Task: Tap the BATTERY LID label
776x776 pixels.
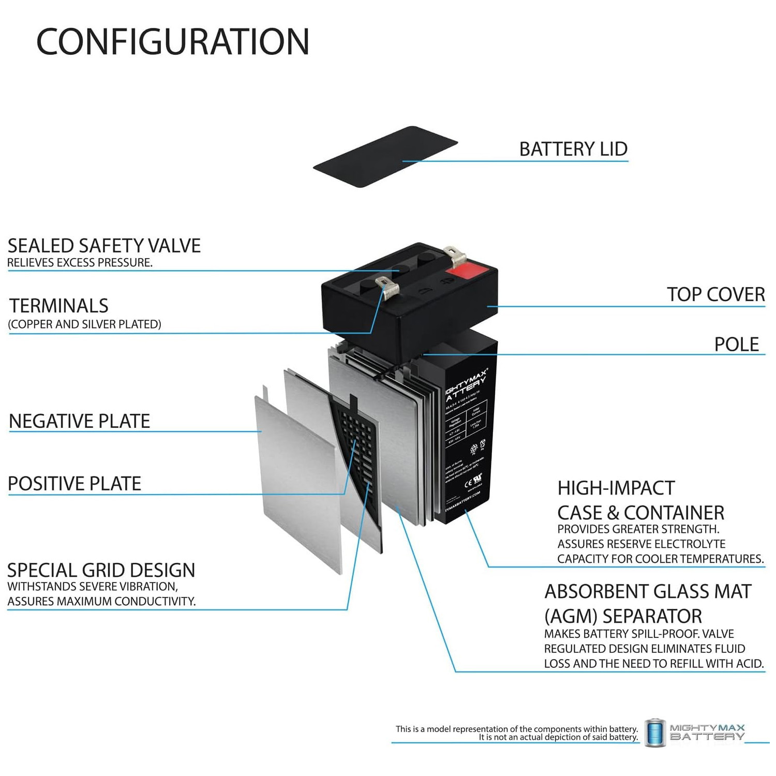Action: pyautogui.click(x=573, y=149)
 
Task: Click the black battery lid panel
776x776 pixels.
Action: pyautogui.click(x=385, y=156)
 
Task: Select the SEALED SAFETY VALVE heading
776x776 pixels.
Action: pyautogui.click(x=104, y=246)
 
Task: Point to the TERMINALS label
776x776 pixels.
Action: pyautogui.click(x=59, y=306)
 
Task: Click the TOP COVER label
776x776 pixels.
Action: pyautogui.click(x=715, y=294)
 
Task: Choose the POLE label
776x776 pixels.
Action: pyautogui.click(x=736, y=345)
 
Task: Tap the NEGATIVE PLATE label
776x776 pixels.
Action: pyautogui.click(x=79, y=421)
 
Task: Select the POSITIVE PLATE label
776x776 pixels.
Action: pyautogui.click(x=74, y=484)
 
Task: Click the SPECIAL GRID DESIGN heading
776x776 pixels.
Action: pyautogui.click(x=101, y=570)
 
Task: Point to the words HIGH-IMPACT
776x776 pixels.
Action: pyautogui.click(x=616, y=488)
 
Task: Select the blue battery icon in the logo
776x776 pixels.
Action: pyautogui.click(x=654, y=733)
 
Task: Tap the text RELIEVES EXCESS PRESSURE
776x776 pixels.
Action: pyautogui.click(x=80, y=263)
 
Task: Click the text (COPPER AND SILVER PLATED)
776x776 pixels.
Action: pyautogui.click(x=84, y=324)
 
